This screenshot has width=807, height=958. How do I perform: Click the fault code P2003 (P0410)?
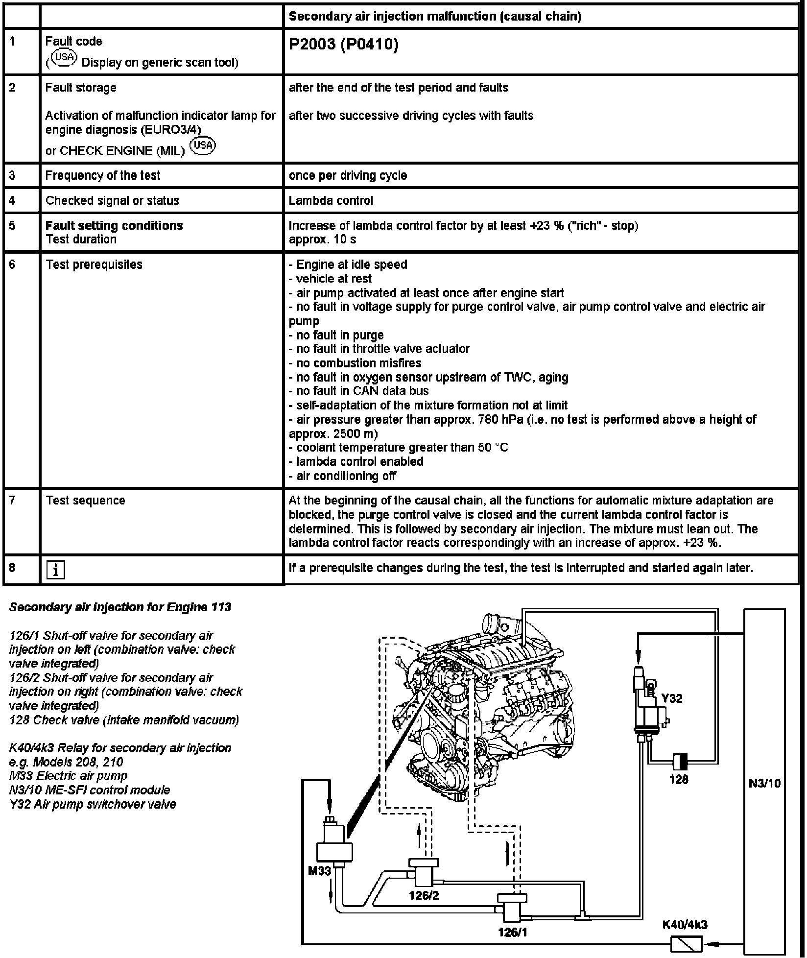tap(343, 45)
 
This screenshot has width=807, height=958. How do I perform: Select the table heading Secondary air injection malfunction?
tap(434, 16)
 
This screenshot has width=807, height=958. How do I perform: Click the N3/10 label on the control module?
tap(764, 783)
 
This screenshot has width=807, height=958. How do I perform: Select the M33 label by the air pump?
tap(319, 870)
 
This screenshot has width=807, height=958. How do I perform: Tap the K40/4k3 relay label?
tap(685, 925)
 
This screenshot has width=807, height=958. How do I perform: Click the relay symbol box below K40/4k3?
tap(686, 943)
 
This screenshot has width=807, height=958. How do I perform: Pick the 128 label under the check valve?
tap(679, 779)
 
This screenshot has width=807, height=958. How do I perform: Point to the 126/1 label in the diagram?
tap(512, 932)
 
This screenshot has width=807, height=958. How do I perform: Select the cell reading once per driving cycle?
tap(348, 175)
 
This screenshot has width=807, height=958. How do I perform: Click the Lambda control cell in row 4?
tap(331, 200)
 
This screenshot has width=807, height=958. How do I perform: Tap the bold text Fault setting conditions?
tap(114, 225)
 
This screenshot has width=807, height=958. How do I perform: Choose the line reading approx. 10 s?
tap(322, 239)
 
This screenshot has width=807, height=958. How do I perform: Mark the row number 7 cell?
tap(13, 500)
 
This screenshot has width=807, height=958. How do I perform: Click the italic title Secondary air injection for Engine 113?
tap(120, 607)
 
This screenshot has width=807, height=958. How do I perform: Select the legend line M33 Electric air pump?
tap(68, 776)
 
